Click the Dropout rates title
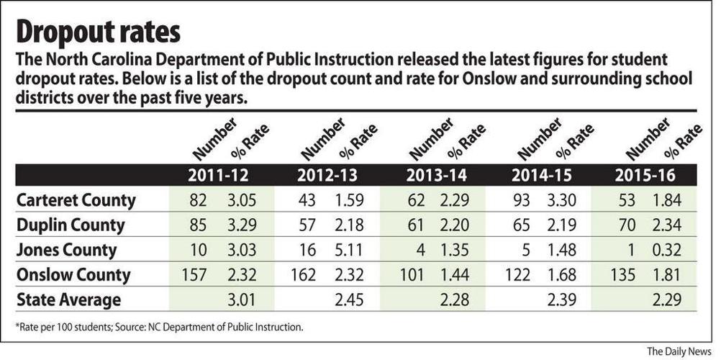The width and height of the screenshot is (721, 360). [98, 32]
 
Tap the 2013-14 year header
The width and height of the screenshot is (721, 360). [436, 176]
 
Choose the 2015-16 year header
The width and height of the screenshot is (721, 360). [649, 176]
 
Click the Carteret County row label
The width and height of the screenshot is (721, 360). [76, 201]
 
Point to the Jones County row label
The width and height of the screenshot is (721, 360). [68, 251]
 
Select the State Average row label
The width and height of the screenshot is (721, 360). [68, 300]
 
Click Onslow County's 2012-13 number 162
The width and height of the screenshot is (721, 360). [304, 275]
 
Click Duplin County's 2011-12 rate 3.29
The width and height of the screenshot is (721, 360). [241, 225]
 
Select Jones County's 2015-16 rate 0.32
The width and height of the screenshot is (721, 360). [668, 251]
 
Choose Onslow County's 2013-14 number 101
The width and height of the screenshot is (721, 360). [411, 275]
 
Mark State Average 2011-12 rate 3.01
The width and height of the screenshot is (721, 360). [241, 300]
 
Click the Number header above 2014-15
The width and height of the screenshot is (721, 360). [539, 138]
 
